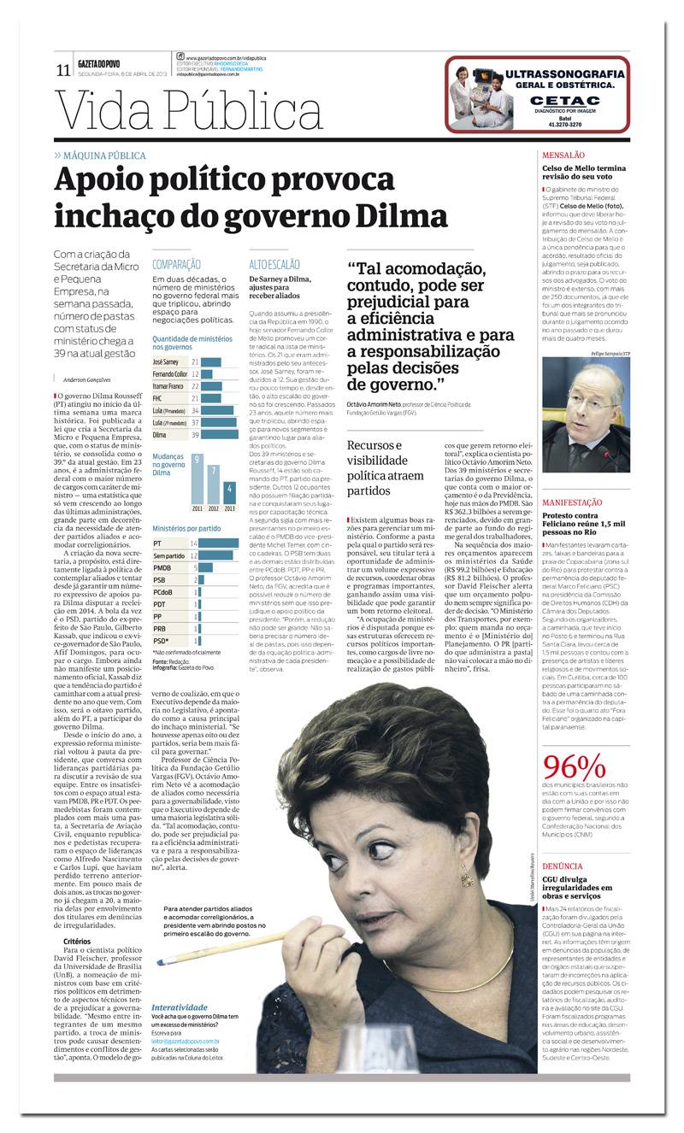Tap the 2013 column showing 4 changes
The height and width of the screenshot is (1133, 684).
[x=229, y=493]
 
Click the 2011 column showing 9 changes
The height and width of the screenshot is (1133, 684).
[x=197, y=479]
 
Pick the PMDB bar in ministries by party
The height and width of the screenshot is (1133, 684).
[x=205, y=567]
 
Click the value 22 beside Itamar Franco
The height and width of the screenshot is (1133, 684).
[x=195, y=386]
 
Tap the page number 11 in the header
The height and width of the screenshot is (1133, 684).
[x=62, y=70]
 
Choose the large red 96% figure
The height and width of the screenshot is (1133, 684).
[x=574, y=766]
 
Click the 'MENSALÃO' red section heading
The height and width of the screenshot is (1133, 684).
[x=563, y=156]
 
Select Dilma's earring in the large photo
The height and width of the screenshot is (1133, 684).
[x=467, y=873]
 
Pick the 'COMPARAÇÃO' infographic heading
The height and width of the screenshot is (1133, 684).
[x=176, y=265]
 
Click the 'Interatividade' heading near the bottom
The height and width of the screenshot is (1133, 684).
[x=180, y=1008]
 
